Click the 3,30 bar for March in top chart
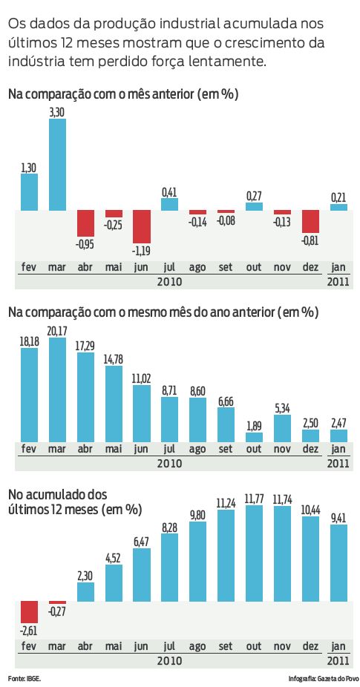57,165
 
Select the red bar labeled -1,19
142,227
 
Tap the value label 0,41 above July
169,192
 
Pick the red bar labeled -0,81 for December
310,222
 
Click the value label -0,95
85,243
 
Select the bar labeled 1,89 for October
254,438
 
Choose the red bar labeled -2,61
29,611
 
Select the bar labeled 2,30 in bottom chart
85,591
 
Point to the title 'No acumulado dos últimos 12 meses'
74,500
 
